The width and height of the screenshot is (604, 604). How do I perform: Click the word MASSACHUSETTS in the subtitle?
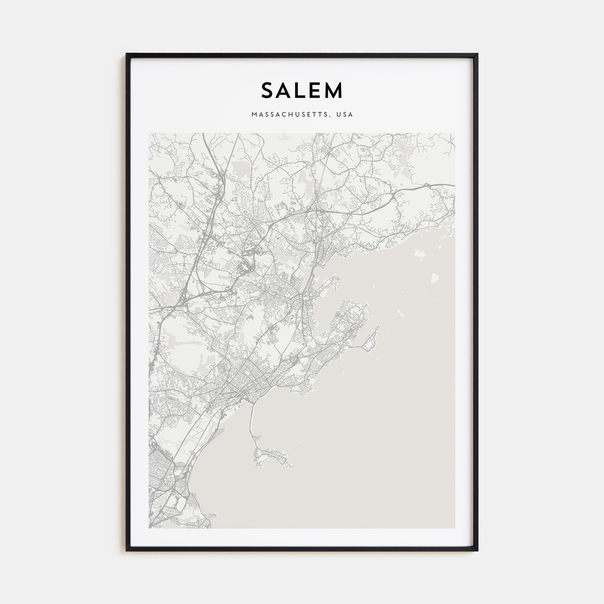[290, 115]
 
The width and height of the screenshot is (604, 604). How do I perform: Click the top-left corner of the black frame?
[127, 54]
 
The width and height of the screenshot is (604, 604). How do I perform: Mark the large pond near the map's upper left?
[239, 169]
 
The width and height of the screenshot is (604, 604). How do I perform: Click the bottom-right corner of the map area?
[454, 528]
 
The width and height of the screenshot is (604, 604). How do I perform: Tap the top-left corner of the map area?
[149, 133]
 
